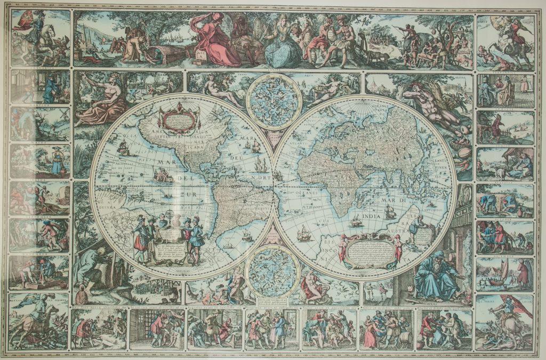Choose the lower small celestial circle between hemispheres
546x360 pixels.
click(x=272, y=270)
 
